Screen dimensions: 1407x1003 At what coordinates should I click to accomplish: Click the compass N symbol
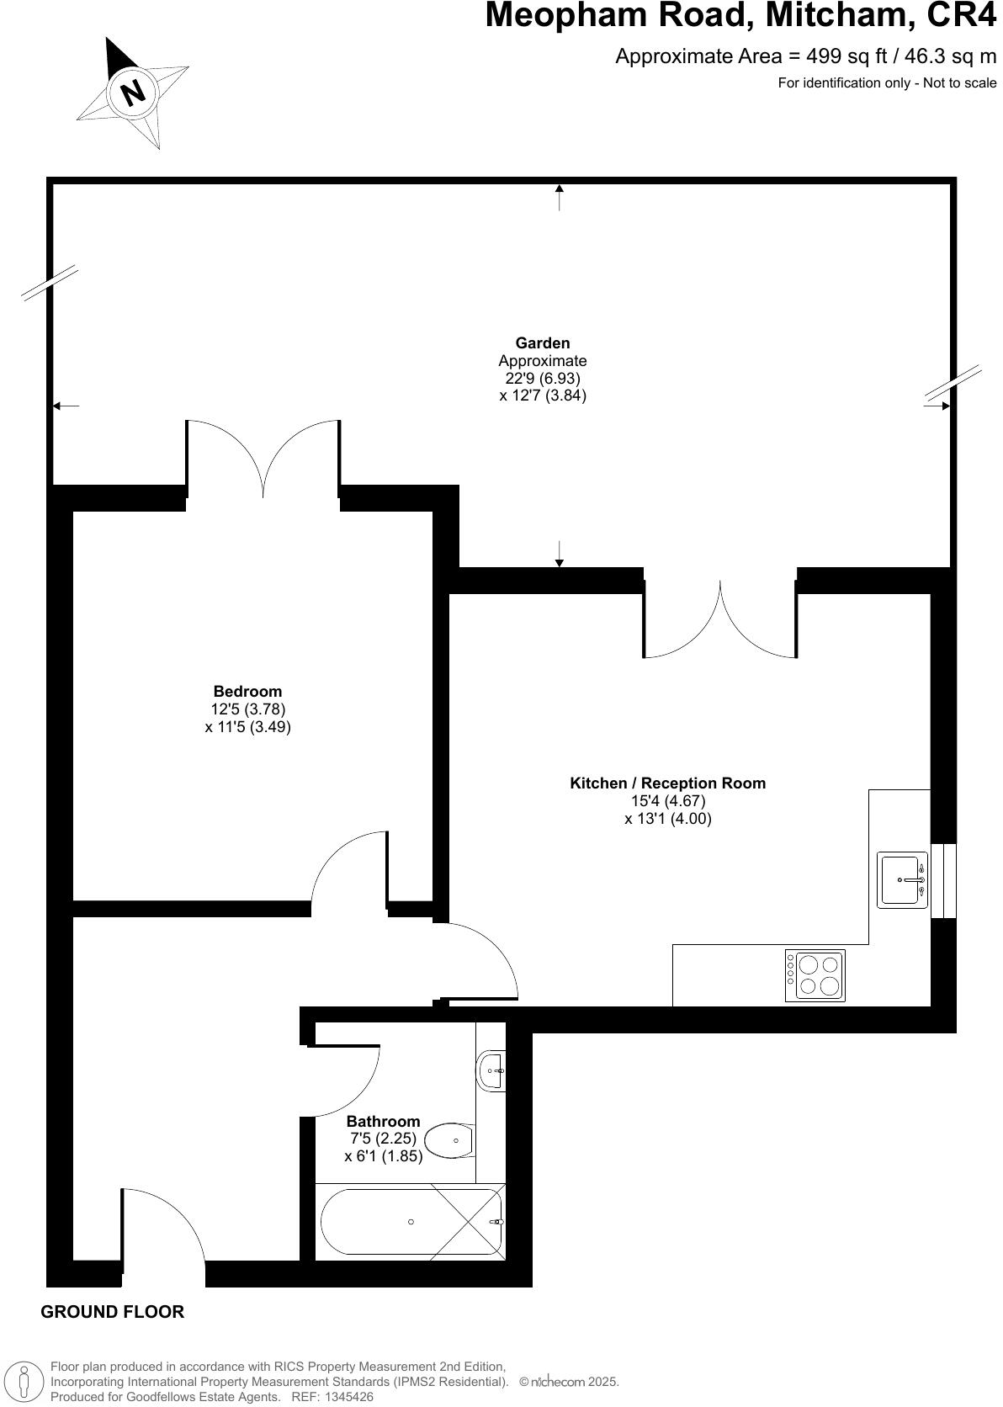133,91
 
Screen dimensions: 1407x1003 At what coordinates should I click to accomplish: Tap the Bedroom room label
247,692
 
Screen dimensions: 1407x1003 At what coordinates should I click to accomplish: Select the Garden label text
542,342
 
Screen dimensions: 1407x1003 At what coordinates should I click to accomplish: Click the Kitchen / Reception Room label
667,783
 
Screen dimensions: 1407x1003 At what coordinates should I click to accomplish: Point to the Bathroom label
383,1121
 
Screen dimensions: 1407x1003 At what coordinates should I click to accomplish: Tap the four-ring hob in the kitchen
815,975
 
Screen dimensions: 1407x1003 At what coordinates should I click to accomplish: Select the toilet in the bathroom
450,1141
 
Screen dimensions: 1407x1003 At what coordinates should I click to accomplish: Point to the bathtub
411,1222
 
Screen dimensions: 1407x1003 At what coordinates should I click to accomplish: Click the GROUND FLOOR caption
112,1311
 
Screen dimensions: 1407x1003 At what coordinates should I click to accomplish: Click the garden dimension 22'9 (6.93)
542,378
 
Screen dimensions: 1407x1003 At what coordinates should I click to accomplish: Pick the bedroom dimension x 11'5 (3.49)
247,727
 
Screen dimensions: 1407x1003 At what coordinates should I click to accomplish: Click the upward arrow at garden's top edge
560,197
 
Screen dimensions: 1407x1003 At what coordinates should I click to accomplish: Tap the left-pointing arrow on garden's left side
66,406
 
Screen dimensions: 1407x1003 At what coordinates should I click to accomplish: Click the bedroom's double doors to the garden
263,459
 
